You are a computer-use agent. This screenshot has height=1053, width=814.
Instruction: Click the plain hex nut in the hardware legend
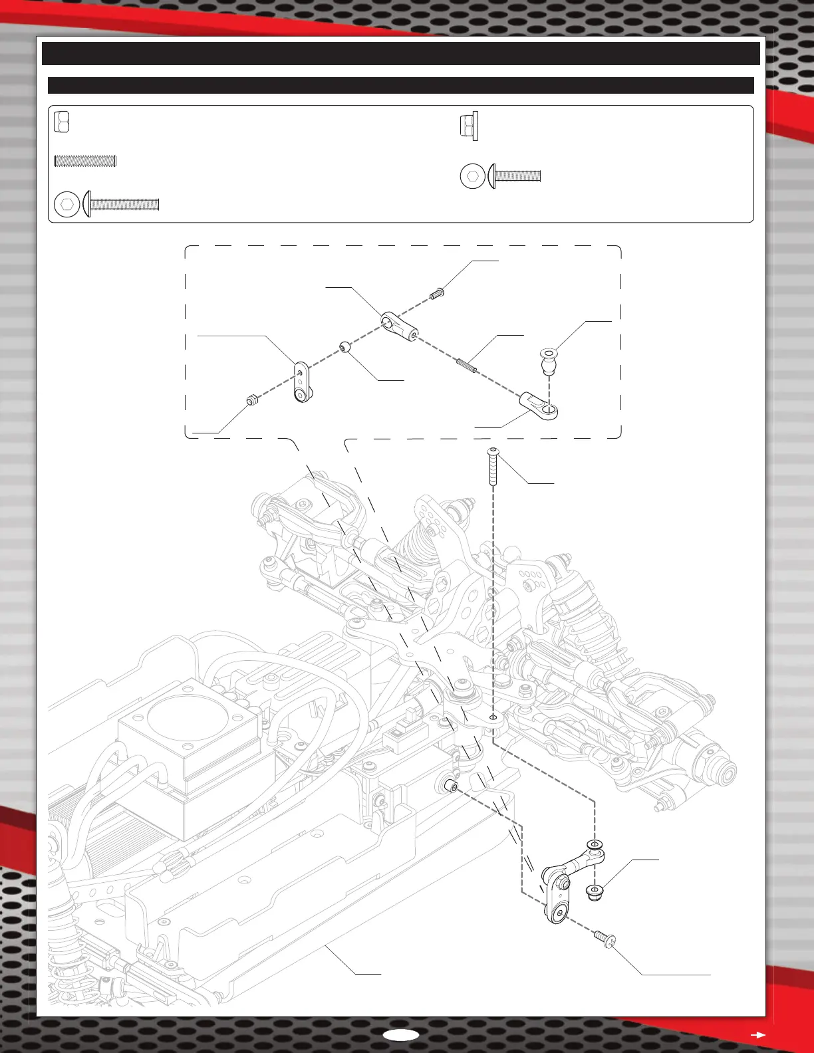point(61,122)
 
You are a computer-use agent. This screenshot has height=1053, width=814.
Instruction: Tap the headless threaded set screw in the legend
point(85,160)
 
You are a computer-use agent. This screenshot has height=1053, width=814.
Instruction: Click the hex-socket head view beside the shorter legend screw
point(472,177)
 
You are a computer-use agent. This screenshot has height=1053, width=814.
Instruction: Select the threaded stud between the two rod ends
point(467,365)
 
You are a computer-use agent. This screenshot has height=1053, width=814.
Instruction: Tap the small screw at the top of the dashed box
point(437,293)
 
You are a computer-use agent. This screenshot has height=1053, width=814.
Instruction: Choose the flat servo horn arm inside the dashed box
point(301,382)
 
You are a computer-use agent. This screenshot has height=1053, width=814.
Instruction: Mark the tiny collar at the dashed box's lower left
point(252,400)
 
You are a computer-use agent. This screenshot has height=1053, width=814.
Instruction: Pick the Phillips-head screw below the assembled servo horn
point(607,940)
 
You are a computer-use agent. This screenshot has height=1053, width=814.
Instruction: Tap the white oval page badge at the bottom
point(401,1034)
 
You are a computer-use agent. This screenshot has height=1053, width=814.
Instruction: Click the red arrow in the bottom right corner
point(757,1034)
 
